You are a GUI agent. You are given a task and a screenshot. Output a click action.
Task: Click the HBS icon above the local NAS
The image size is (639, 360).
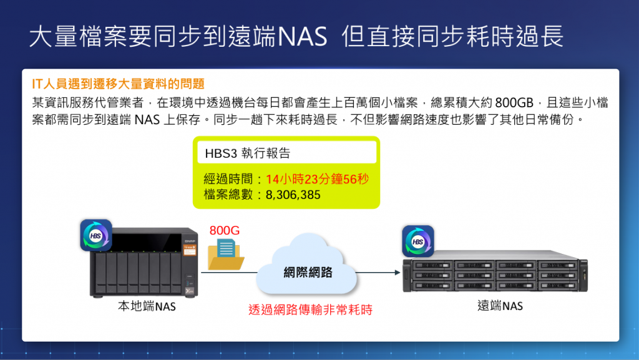coord(96,235)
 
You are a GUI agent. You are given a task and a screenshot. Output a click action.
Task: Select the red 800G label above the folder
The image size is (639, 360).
coord(225,230)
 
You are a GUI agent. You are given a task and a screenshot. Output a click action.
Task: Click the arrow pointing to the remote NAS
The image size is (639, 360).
coord(377,273)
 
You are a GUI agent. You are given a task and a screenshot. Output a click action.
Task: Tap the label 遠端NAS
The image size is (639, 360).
coord(500,306)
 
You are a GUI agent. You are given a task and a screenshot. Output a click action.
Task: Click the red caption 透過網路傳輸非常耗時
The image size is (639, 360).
coord(310,309)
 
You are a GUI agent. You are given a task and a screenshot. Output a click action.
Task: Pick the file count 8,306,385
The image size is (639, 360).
coord(293,195)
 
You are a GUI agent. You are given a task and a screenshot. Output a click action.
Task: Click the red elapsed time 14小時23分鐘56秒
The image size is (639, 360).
coord(317,179)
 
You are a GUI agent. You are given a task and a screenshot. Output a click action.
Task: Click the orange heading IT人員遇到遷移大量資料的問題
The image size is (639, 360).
coord(118,84)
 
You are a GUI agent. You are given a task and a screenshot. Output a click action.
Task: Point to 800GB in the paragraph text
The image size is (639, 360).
coord(514,102)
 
